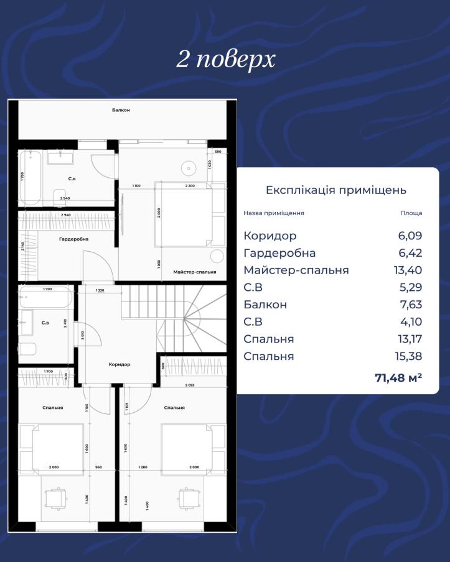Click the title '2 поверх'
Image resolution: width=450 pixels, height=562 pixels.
[225, 60]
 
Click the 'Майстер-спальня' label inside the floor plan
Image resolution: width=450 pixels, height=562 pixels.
[195, 272]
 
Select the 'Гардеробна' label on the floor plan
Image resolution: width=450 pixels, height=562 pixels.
[74, 239]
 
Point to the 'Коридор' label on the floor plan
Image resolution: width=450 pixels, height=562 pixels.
[119, 364]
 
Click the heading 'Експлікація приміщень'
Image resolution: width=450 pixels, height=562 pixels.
[335, 190]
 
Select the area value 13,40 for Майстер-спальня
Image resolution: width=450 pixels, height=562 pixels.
[410, 270]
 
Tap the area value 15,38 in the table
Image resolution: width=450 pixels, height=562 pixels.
[410, 357]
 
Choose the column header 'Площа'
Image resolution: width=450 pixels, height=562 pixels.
[411, 213]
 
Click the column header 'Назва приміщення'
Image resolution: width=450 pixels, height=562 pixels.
[273, 213]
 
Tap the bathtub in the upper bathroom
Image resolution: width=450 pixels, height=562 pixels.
[30, 177]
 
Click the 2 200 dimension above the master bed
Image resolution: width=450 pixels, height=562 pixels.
[190, 186]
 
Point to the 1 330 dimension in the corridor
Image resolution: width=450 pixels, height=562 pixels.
[99, 290]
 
